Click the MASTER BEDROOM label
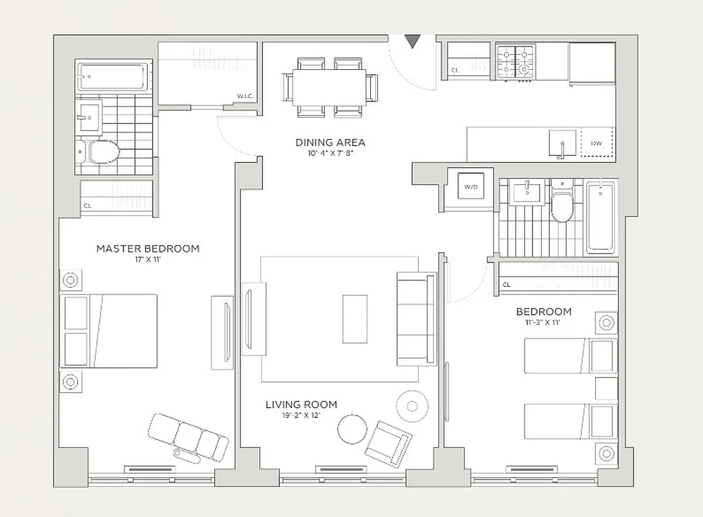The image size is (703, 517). click(x=148, y=248)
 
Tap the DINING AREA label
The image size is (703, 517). click(x=330, y=142)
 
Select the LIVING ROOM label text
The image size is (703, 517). click(x=301, y=405)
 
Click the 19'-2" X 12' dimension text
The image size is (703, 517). click(x=301, y=416)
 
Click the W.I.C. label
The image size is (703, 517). click(x=245, y=96)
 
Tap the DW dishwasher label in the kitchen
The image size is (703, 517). click(x=595, y=143)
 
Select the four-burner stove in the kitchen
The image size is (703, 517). click(x=516, y=61)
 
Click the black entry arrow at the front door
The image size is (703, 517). click(x=412, y=41)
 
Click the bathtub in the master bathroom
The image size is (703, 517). click(x=114, y=77)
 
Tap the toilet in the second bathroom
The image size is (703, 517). click(x=561, y=202)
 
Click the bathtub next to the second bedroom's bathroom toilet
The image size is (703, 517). click(x=601, y=216)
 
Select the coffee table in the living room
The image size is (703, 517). click(x=355, y=319)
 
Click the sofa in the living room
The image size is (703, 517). click(x=416, y=319)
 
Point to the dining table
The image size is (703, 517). click(x=330, y=87)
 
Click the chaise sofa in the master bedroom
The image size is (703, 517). click(x=188, y=437)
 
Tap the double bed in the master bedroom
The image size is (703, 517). click(x=109, y=331)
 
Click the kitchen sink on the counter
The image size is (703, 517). click(x=562, y=143)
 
